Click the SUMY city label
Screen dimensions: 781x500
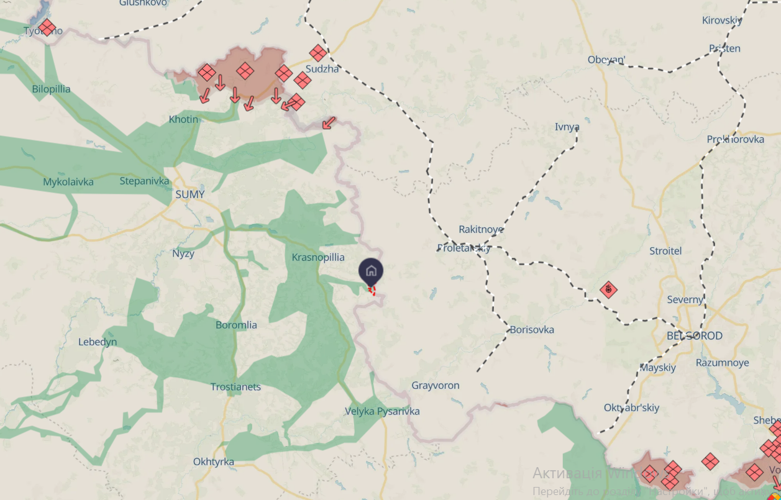pyautogui.click(x=190, y=194)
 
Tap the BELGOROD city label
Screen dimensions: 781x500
pyautogui.click(x=694, y=335)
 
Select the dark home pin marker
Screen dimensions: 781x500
pyautogui.click(x=371, y=271)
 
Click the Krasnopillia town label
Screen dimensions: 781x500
pyautogui.click(x=318, y=257)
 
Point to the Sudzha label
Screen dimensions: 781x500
pyautogui.click(x=322, y=69)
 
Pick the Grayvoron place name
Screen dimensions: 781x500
pyautogui.click(x=436, y=386)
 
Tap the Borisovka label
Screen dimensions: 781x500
pyautogui.click(x=532, y=330)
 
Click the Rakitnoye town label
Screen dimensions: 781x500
pyautogui.click(x=481, y=229)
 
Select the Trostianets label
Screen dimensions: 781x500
pyautogui.click(x=235, y=387)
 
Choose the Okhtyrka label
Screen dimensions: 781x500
pyautogui.click(x=213, y=462)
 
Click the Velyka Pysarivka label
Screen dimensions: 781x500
pyautogui.click(x=383, y=411)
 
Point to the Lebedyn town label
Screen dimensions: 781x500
pyautogui.click(x=98, y=342)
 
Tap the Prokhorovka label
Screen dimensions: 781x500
pyautogui.click(x=735, y=139)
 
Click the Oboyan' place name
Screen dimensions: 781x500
pyautogui.click(x=606, y=60)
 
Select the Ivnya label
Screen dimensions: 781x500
pyautogui.click(x=567, y=127)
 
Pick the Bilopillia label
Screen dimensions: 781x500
pyautogui.click(x=51, y=89)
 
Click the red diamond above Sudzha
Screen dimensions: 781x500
pyautogui.click(x=318, y=53)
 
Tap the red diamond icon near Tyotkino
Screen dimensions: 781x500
pyautogui.click(x=47, y=28)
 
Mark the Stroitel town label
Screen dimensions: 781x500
pyautogui.click(x=665, y=251)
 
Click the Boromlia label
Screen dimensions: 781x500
pyautogui.click(x=236, y=325)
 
